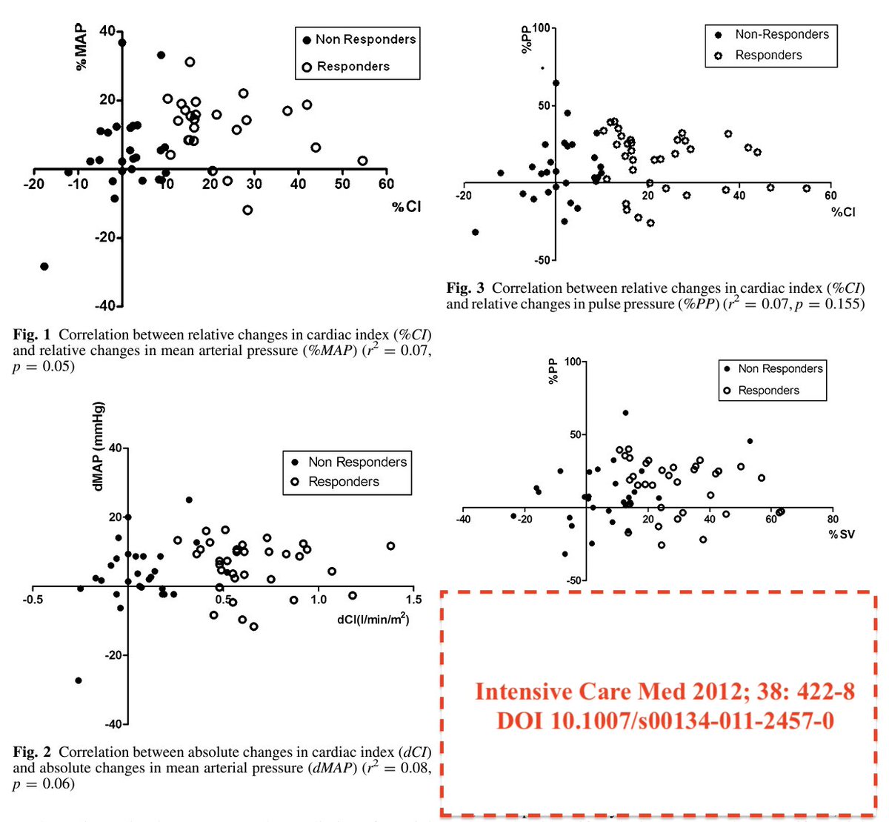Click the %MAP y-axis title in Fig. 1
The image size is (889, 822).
click(x=81, y=48)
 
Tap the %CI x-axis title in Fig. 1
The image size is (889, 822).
click(x=407, y=207)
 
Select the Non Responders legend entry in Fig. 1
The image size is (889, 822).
click(x=359, y=39)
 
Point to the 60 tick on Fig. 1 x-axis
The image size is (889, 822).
click(x=386, y=183)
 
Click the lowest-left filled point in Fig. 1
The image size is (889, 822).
click(x=44, y=266)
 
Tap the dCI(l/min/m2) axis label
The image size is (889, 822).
click(x=372, y=620)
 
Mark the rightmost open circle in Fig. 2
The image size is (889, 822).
click(x=390, y=546)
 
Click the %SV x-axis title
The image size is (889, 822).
click(x=842, y=534)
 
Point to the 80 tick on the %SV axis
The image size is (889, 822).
click(x=833, y=520)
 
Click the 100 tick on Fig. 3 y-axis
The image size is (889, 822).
click(x=542, y=29)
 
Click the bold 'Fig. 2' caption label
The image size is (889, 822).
click(x=33, y=752)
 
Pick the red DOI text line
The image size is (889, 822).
click(x=665, y=720)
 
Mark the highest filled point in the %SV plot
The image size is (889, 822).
click(x=625, y=413)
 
